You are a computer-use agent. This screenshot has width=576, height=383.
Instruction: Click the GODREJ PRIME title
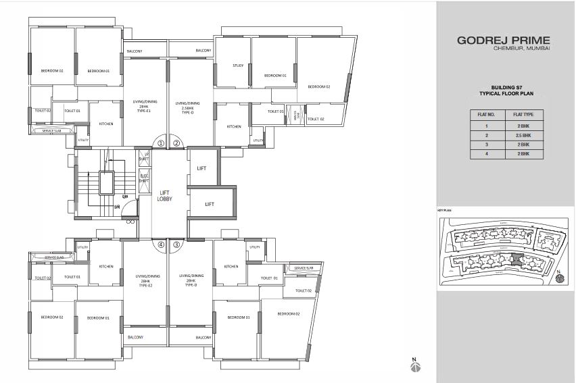click(504, 41)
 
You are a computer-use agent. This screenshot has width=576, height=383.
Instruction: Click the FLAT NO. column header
click(487, 115)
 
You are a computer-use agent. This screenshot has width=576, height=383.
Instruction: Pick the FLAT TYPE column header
click(523, 115)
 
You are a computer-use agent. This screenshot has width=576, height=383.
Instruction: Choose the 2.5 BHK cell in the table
click(523, 134)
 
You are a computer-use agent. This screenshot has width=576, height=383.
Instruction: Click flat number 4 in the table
click(487, 154)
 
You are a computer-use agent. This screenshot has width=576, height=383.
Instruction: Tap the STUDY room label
click(238, 66)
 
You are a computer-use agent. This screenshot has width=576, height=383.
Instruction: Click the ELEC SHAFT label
click(144, 179)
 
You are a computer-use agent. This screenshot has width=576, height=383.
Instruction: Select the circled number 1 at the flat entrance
click(161, 143)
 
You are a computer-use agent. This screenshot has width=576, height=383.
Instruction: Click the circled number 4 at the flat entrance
click(161, 245)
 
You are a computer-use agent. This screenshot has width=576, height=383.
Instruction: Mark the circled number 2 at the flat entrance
click(176, 143)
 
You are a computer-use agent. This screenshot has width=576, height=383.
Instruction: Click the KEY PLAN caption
click(444, 211)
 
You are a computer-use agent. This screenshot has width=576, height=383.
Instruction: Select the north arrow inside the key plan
click(559, 277)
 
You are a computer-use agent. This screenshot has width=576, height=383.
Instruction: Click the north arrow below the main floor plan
click(415, 365)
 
